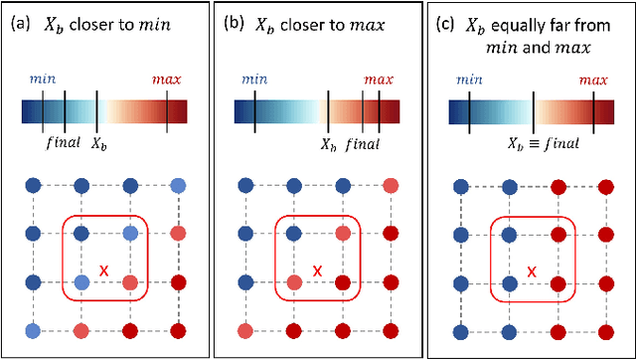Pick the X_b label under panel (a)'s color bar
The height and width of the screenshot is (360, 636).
tap(99, 143)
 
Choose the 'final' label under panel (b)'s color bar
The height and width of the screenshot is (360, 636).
tap(363, 144)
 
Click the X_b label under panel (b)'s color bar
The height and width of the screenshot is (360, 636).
tap(328, 144)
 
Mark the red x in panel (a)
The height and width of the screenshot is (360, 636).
tap(104, 270)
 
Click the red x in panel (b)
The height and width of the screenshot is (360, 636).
tap(318, 270)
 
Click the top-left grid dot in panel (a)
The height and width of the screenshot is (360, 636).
tap(33, 185)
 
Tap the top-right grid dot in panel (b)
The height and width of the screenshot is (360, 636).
tap(392, 185)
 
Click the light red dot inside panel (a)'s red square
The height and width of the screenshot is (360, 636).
tap(129, 282)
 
